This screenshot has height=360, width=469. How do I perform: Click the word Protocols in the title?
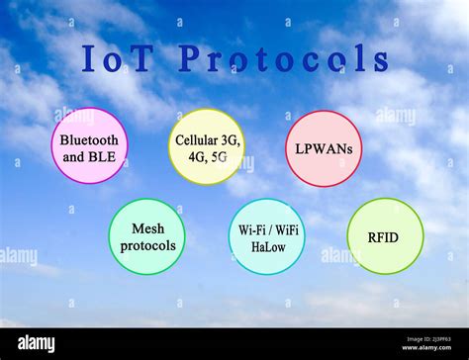tap(282, 59)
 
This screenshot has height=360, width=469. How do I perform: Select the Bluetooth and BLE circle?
tap(89, 146)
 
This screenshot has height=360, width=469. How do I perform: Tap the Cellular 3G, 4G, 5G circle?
tap(206, 146)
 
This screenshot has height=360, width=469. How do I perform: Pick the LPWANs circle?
tap(324, 148)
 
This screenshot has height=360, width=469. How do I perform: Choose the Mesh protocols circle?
tap(146, 236)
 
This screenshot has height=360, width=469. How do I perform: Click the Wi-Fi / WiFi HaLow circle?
tap(266, 236)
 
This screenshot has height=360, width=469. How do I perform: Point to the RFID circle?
tap(385, 236)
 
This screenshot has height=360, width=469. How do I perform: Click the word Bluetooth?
tap(89, 139)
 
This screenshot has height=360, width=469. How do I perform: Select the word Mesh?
tap(147, 228)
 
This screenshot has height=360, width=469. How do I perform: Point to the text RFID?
tap(385, 236)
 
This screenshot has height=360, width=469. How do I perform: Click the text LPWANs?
tap(324, 148)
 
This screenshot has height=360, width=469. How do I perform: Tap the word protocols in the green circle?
tap(147, 245)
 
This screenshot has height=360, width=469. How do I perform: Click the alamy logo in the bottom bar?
tap(36, 343)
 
